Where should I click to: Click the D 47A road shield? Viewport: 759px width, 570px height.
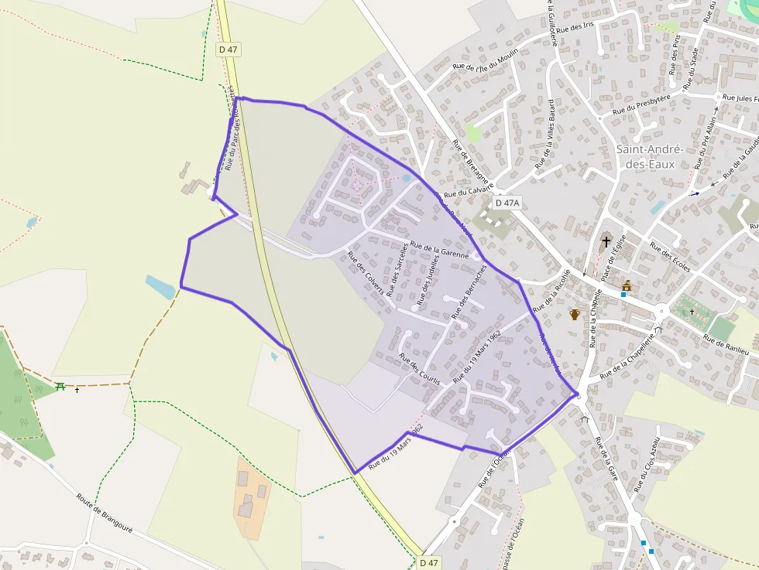(x=507, y=203)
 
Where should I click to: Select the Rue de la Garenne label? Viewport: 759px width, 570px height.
(x=439, y=249)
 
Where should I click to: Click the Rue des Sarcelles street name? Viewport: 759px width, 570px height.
(x=397, y=268)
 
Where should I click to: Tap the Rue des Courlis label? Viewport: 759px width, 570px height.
(x=419, y=369)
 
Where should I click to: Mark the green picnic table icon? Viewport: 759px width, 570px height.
(x=60, y=386)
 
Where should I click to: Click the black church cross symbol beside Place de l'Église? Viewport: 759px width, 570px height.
(x=606, y=241)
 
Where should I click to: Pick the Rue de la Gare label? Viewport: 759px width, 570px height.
(x=606, y=459)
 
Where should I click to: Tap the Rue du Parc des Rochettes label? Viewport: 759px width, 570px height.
(x=231, y=128)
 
